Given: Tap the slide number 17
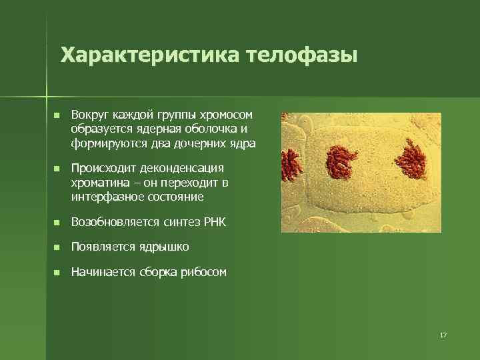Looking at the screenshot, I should click(443, 335).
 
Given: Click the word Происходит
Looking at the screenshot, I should click(104, 168).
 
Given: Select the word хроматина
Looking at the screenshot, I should click(100, 183).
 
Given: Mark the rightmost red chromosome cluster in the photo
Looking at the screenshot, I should click(412, 159).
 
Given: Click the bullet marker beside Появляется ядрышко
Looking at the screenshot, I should click(57, 247).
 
